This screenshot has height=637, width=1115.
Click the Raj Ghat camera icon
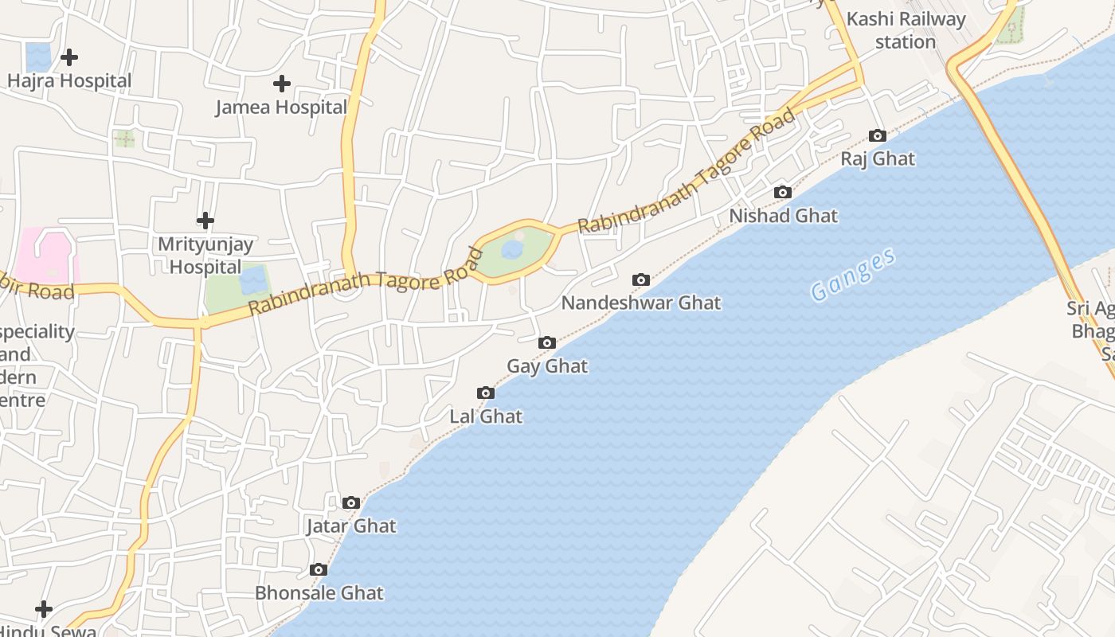(878, 136)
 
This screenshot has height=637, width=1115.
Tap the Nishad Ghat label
(784, 216)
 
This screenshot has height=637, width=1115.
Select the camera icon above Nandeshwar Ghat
(641, 279)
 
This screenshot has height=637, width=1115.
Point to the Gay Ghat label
(547, 366)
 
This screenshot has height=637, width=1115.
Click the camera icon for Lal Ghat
(486, 393)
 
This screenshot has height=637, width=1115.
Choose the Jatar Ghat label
(351, 526)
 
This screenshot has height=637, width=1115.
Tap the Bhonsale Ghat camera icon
(319, 569)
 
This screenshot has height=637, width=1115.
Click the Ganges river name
(853, 275)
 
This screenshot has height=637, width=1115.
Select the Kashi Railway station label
(906, 30)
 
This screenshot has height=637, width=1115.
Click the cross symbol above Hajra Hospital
(69, 57)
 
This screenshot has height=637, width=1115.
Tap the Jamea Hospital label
(281, 107)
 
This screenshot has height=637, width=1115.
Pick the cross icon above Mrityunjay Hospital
(205, 220)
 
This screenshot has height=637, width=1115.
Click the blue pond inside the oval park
(511, 251)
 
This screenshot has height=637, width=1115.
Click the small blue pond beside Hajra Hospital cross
(37, 57)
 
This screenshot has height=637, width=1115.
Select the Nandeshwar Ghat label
(641, 303)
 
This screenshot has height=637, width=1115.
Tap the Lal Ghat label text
(486, 416)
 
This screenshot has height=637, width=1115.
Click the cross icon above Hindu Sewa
(44, 609)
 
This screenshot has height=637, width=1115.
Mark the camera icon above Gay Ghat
(547, 342)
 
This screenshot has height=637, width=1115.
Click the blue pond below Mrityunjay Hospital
(253, 280)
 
